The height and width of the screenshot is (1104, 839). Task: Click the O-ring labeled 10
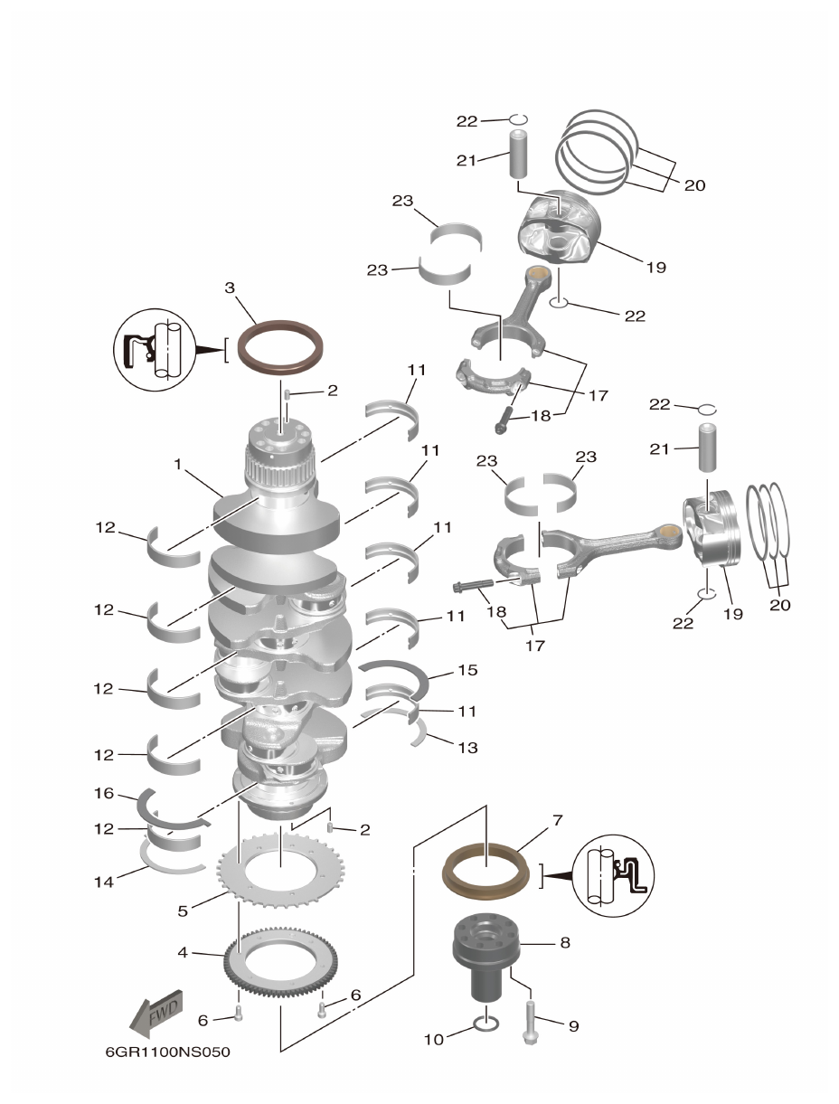485,1024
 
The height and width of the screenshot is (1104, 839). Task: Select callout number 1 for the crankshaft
179,464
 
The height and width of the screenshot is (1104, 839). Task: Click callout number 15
467,670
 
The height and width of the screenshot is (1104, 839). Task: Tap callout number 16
104,793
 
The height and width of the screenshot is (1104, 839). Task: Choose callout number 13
467,748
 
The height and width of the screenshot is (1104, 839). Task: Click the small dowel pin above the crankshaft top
287,394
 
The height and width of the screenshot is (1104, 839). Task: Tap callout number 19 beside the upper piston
655,268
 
